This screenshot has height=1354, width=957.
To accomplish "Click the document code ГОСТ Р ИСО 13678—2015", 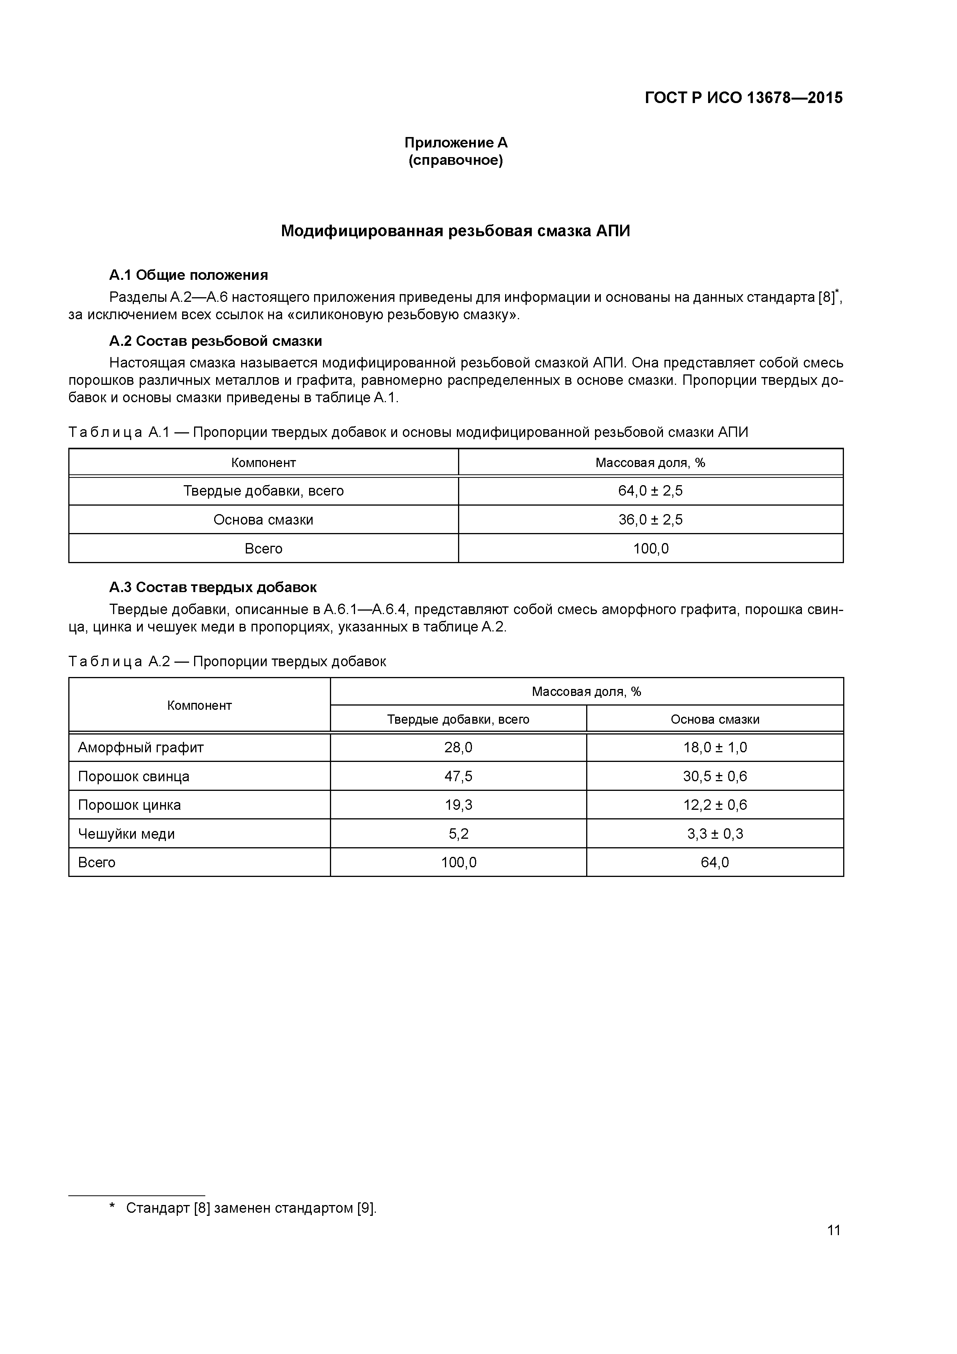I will pos(744,98).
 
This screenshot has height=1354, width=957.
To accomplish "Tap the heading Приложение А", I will pos(455,143).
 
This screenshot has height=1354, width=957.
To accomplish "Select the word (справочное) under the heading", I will pos(455,161).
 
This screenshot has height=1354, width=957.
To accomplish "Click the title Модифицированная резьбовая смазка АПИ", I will pos(455,231).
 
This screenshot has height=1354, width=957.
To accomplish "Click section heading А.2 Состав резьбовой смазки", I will pos(215,342).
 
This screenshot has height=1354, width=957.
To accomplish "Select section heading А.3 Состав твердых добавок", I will pos(213,587).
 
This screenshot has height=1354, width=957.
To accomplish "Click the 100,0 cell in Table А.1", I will pos(650,549).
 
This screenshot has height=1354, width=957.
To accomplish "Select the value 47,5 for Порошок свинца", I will pos(458,777).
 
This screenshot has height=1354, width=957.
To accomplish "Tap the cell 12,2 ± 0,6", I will pos(715,806).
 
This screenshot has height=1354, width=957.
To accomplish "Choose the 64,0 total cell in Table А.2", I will pos(715,863).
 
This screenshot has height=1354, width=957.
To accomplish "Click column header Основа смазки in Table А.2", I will pos(715,719).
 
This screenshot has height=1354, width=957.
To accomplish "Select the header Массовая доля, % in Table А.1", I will pos(650,463).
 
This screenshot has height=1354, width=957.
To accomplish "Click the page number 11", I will pos(833,1230).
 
